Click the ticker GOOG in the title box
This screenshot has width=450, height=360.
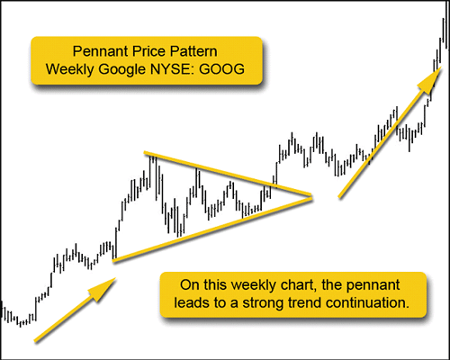click(x=221, y=69)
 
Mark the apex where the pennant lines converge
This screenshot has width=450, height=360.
click(x=311, y=196)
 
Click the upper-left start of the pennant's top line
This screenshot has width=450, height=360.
click(x=145, y=153)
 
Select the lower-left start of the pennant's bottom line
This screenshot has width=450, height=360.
click(x=113, y=261)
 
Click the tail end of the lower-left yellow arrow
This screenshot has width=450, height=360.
click(x=35, y=341)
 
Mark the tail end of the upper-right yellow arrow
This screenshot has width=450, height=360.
click(x=339, y=197)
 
